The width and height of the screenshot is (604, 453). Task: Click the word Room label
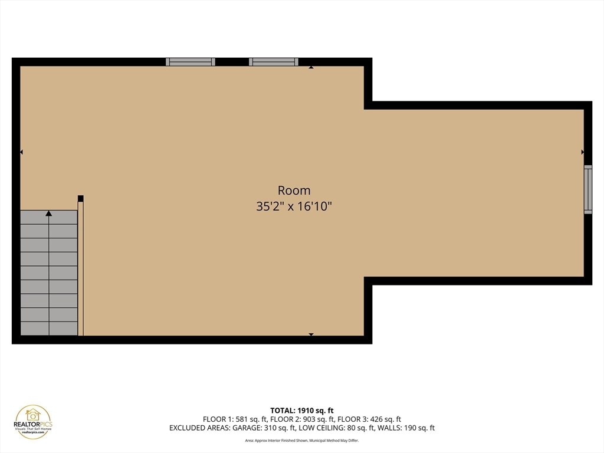(294, 191)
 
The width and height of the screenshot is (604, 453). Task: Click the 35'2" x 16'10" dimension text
(294, 206)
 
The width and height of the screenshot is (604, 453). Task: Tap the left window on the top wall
(190, 61)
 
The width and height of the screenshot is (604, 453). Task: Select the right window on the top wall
(273, 61)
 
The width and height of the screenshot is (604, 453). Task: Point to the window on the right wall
(587, 189)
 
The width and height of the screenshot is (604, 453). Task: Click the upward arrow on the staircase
(49, 214)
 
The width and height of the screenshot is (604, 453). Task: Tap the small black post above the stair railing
(81, 198)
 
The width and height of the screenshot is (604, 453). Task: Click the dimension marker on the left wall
(21, 152)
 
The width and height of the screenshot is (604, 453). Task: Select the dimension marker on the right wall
(582, 152)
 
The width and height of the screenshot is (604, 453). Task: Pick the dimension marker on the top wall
(311, 67)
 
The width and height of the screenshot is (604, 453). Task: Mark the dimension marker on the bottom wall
(311, 334)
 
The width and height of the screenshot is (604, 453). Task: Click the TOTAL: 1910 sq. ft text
(301, 410)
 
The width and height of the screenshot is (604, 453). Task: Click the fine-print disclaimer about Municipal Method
(301, 440)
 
